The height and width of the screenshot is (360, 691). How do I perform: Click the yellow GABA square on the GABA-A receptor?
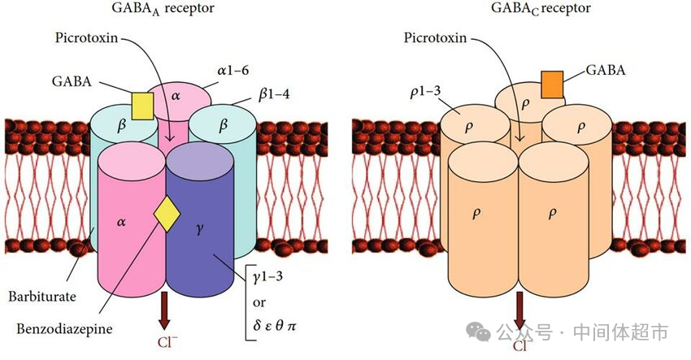(142, 106)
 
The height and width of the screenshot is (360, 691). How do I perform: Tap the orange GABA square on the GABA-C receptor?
(554, 85)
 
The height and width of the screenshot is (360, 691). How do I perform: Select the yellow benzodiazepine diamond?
(167, 213)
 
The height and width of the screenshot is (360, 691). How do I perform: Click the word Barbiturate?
(42, 297)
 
